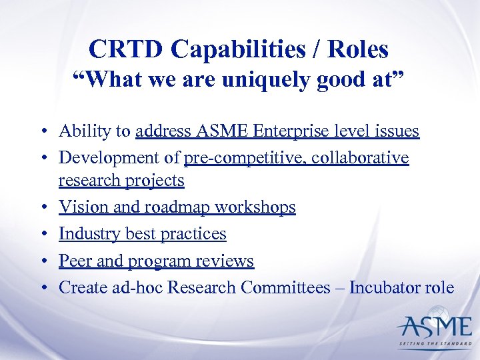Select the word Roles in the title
[357, 49]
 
